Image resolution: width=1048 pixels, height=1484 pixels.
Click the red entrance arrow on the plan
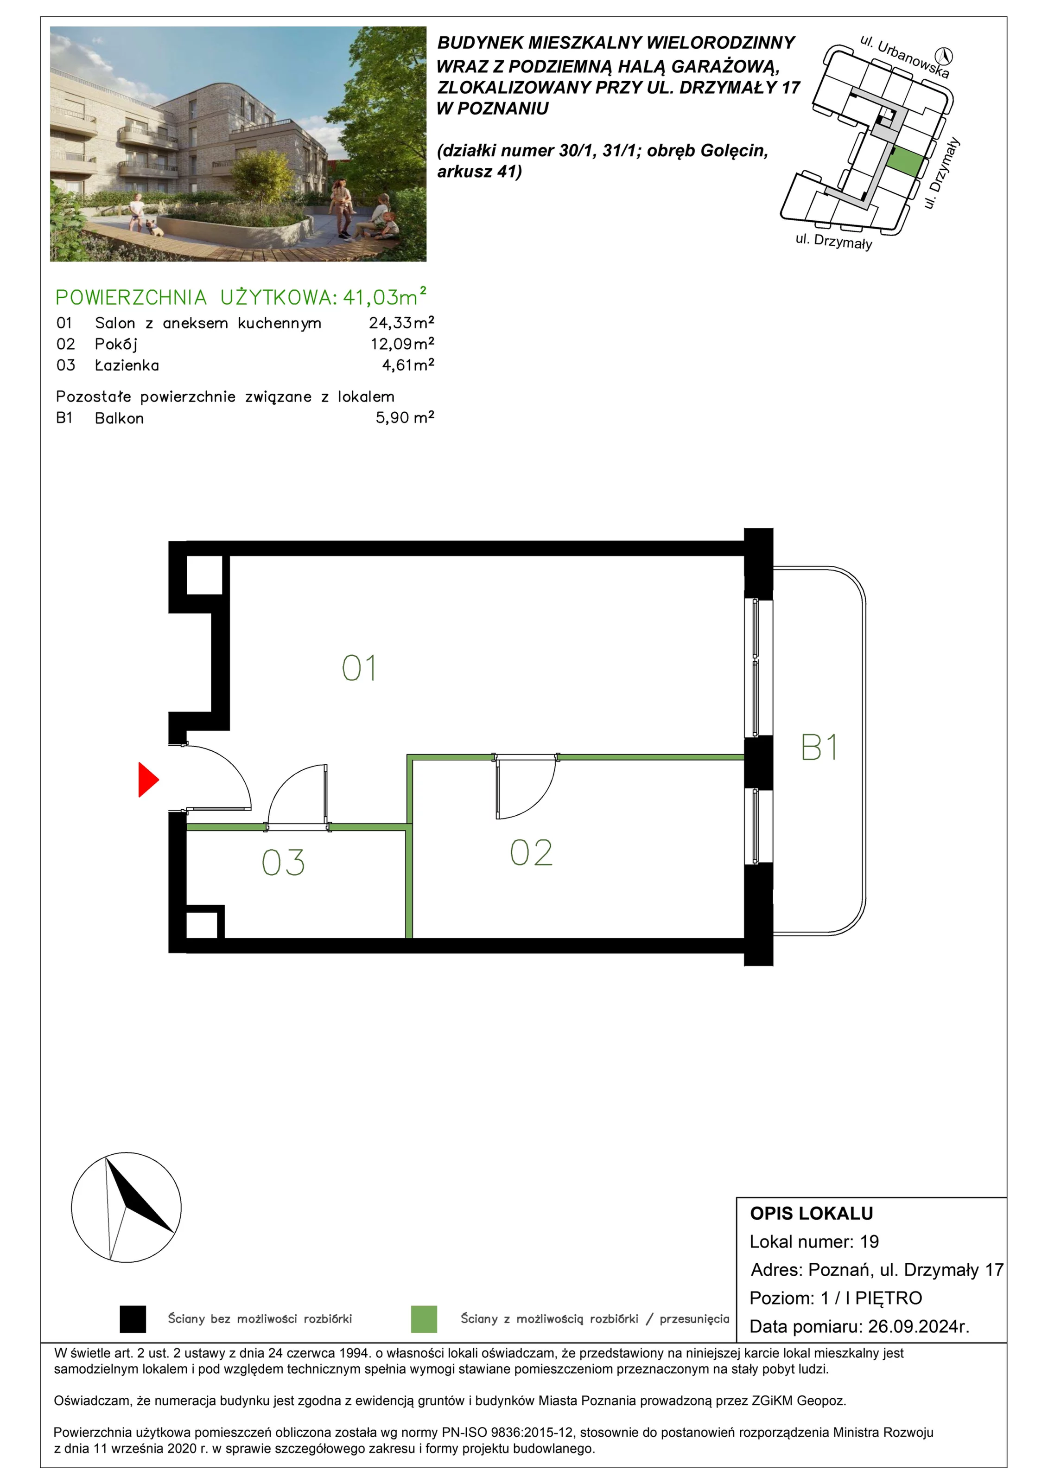click(147, 780)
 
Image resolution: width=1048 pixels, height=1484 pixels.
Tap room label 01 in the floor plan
click(359, 668)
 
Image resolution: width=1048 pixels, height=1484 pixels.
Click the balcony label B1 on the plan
click(819, 747)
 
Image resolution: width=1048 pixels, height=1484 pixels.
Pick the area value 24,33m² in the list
click(401, 322)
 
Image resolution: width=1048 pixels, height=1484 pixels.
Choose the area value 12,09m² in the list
click(402, 343)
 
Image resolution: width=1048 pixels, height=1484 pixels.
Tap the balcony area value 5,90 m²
click(405, 417)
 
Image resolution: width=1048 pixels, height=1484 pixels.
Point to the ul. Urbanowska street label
click(905, 57)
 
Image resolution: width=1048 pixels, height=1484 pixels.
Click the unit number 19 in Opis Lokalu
click(870, 1241)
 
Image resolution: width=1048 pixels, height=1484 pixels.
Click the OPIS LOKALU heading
click(812, 1213)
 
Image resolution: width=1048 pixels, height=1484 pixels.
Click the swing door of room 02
click(525, 788)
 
